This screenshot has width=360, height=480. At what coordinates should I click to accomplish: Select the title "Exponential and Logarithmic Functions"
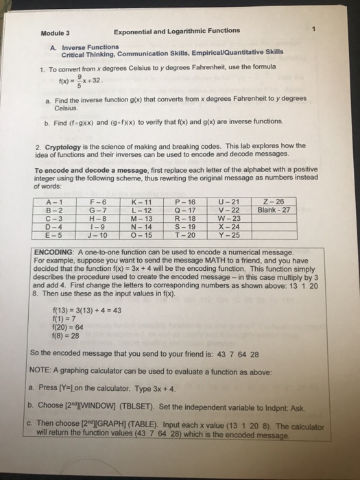click(177, 31)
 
